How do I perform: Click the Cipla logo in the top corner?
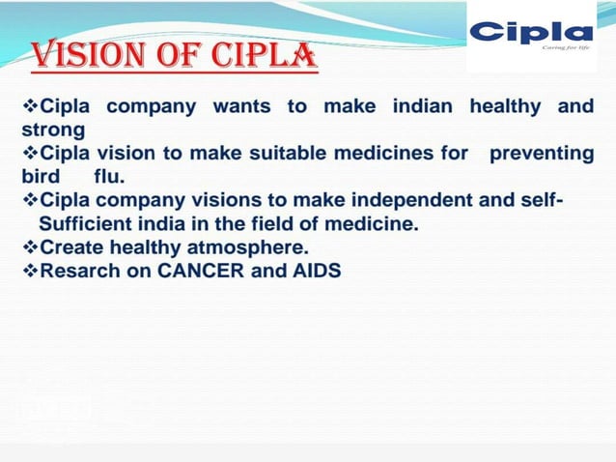tap(530, 33)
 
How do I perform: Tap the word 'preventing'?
tap(542, 153)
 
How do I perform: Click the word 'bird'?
tap(42, 177)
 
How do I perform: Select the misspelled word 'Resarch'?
tap(80, 272)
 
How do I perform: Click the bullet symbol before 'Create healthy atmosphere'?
tap(29, 247)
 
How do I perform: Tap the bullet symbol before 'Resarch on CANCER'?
tap(29, 272)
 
